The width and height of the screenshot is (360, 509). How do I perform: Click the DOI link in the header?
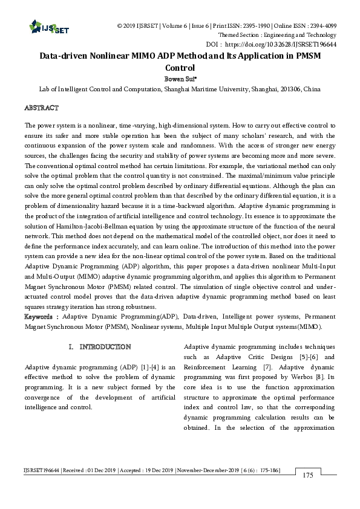pos(295,44)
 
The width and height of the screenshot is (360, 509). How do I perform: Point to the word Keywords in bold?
pos(41,317)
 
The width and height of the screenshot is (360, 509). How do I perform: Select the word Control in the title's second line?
pos(180,68)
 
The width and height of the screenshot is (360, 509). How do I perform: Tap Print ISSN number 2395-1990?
pos(239,26)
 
